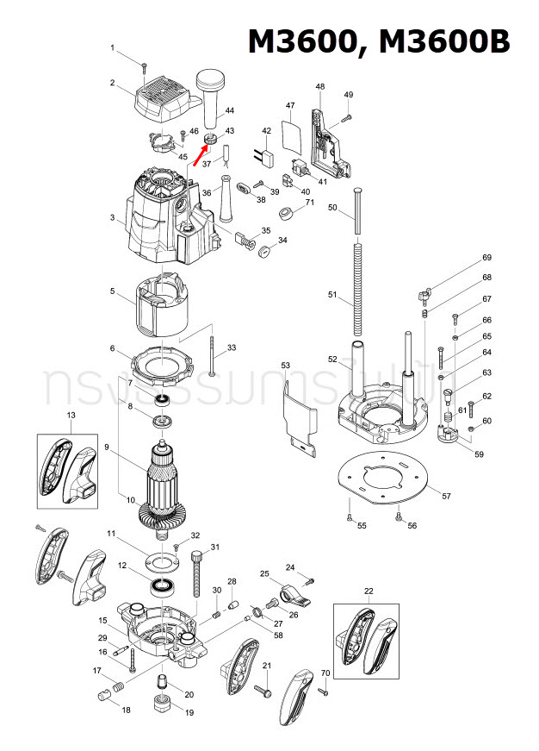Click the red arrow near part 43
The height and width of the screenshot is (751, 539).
(198, 154)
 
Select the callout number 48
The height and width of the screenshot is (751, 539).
(320, 87)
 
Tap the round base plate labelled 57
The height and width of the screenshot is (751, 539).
(385, 474)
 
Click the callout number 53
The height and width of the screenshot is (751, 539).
(286, 366)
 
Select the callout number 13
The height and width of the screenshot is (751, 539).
(71, 416)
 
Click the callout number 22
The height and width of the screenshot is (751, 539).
(369, 591)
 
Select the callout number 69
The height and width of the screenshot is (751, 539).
(486, 258)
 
